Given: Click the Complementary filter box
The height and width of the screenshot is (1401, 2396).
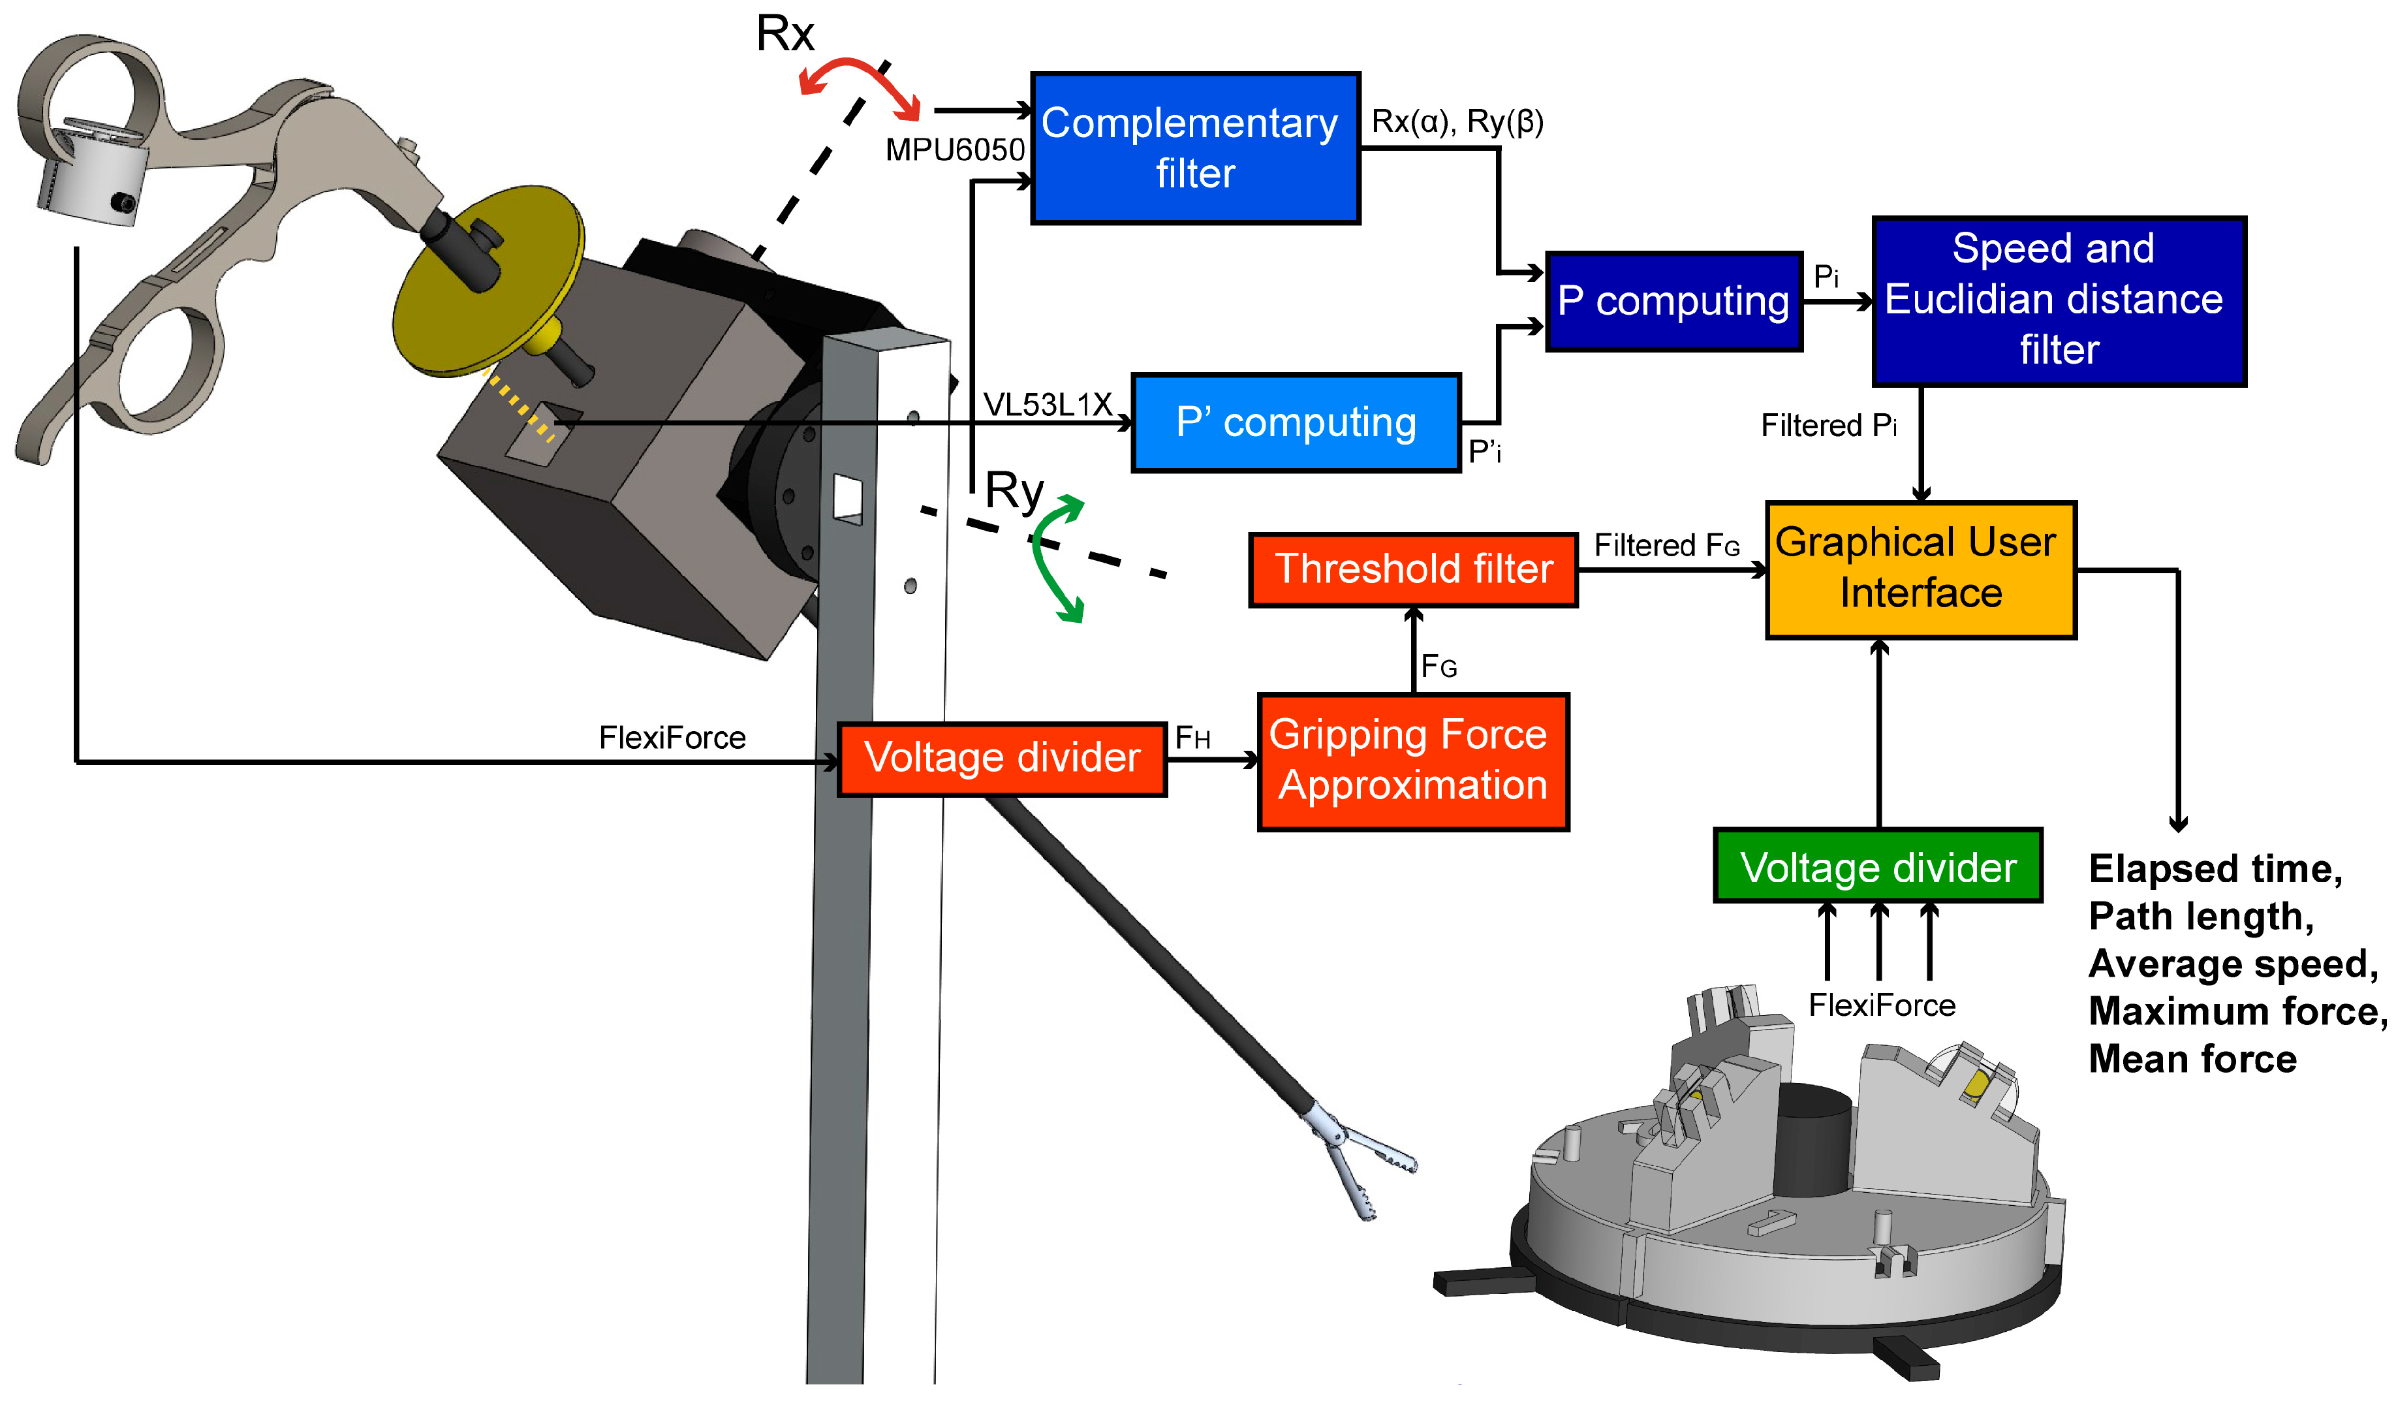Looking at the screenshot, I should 1195,148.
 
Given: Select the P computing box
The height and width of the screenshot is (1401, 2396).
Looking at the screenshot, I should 1673,302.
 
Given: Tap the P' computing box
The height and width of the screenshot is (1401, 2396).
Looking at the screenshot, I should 1295,422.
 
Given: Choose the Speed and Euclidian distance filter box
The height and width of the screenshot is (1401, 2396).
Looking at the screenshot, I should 2059,300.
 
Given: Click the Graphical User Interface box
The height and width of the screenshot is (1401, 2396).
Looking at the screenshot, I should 1921,569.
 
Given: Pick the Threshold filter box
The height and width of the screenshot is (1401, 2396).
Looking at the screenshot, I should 1413,569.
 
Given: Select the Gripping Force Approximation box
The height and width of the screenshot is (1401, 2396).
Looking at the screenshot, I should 1413,761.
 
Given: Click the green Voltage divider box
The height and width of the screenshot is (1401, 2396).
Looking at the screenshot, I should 1878,866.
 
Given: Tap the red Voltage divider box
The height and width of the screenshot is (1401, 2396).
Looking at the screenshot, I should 1002,758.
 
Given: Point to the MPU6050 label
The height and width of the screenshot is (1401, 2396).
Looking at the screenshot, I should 955,150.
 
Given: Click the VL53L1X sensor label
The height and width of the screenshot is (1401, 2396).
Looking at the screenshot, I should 1047,404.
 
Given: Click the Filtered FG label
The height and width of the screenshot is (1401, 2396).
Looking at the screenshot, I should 1666,545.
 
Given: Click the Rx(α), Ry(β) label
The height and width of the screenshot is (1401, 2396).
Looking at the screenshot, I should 1457,121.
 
